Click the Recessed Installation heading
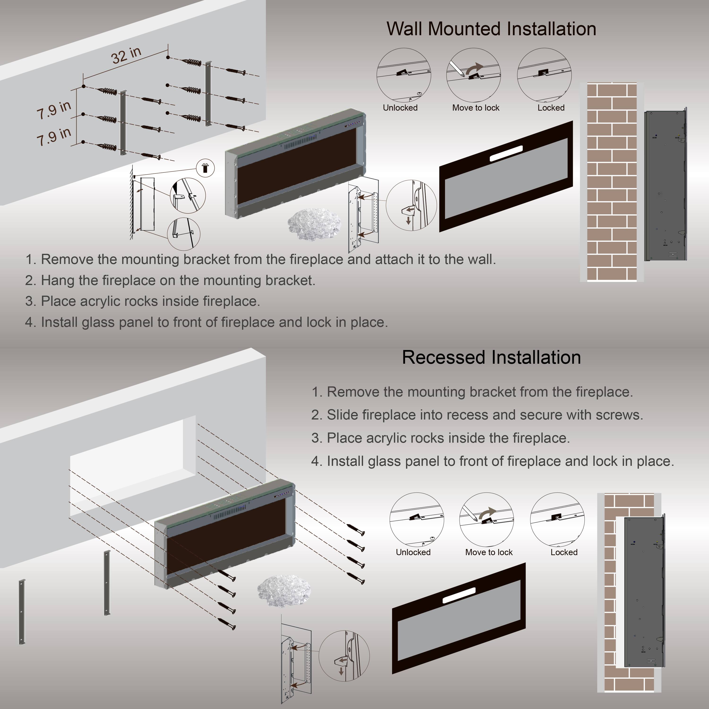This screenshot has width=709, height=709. (491, 357)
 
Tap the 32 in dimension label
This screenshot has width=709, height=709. (126, 55)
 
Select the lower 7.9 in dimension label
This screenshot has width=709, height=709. (54, 136)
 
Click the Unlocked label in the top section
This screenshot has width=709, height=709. (400, 108)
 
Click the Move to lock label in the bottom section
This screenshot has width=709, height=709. (489, 552)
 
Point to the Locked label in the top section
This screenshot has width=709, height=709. (551, 108)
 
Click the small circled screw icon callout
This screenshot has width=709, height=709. (206, 168)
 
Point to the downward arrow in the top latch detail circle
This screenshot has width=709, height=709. (408, 220)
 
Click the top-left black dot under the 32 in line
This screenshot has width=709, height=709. (84, 86)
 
